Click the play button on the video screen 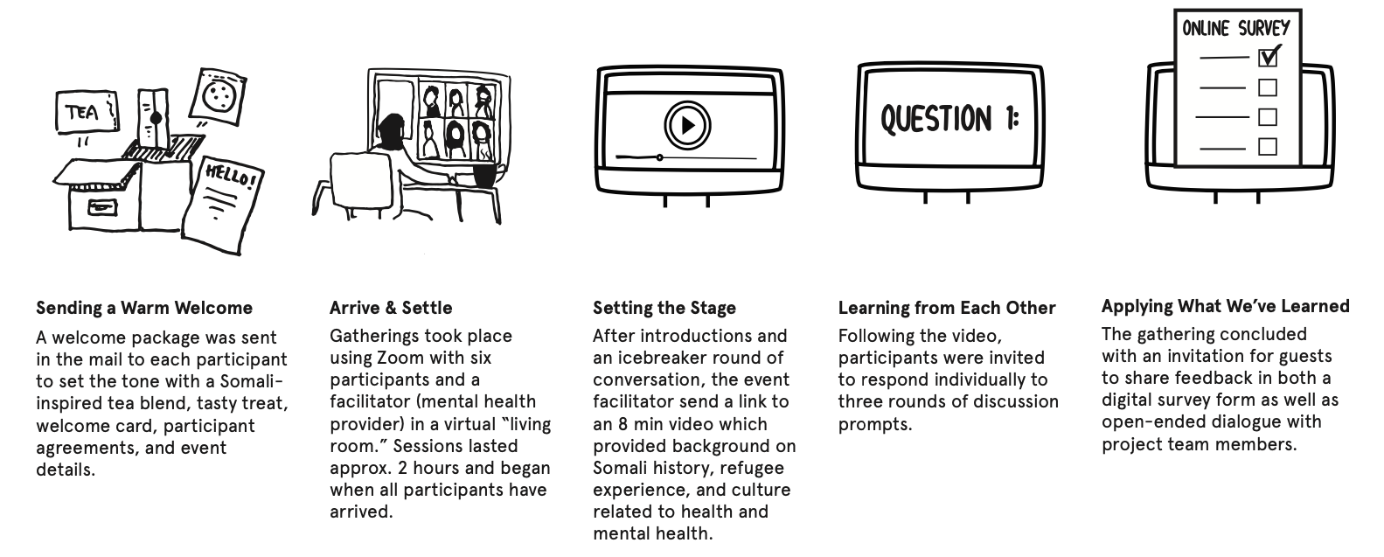tap(687, 126)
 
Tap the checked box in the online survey tap(1268, 57)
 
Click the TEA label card tap(84, 112)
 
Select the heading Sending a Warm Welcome tap(144, 308)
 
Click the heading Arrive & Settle tap(391, 308)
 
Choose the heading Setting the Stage tap(664, 308)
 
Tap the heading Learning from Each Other tap(947, 308)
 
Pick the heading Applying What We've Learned tap(1225, 306)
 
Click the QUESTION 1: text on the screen tap(949, 119)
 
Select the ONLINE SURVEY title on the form tap(1235, 28)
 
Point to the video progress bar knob tap(659, 157)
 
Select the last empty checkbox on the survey tap(1267, 146)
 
